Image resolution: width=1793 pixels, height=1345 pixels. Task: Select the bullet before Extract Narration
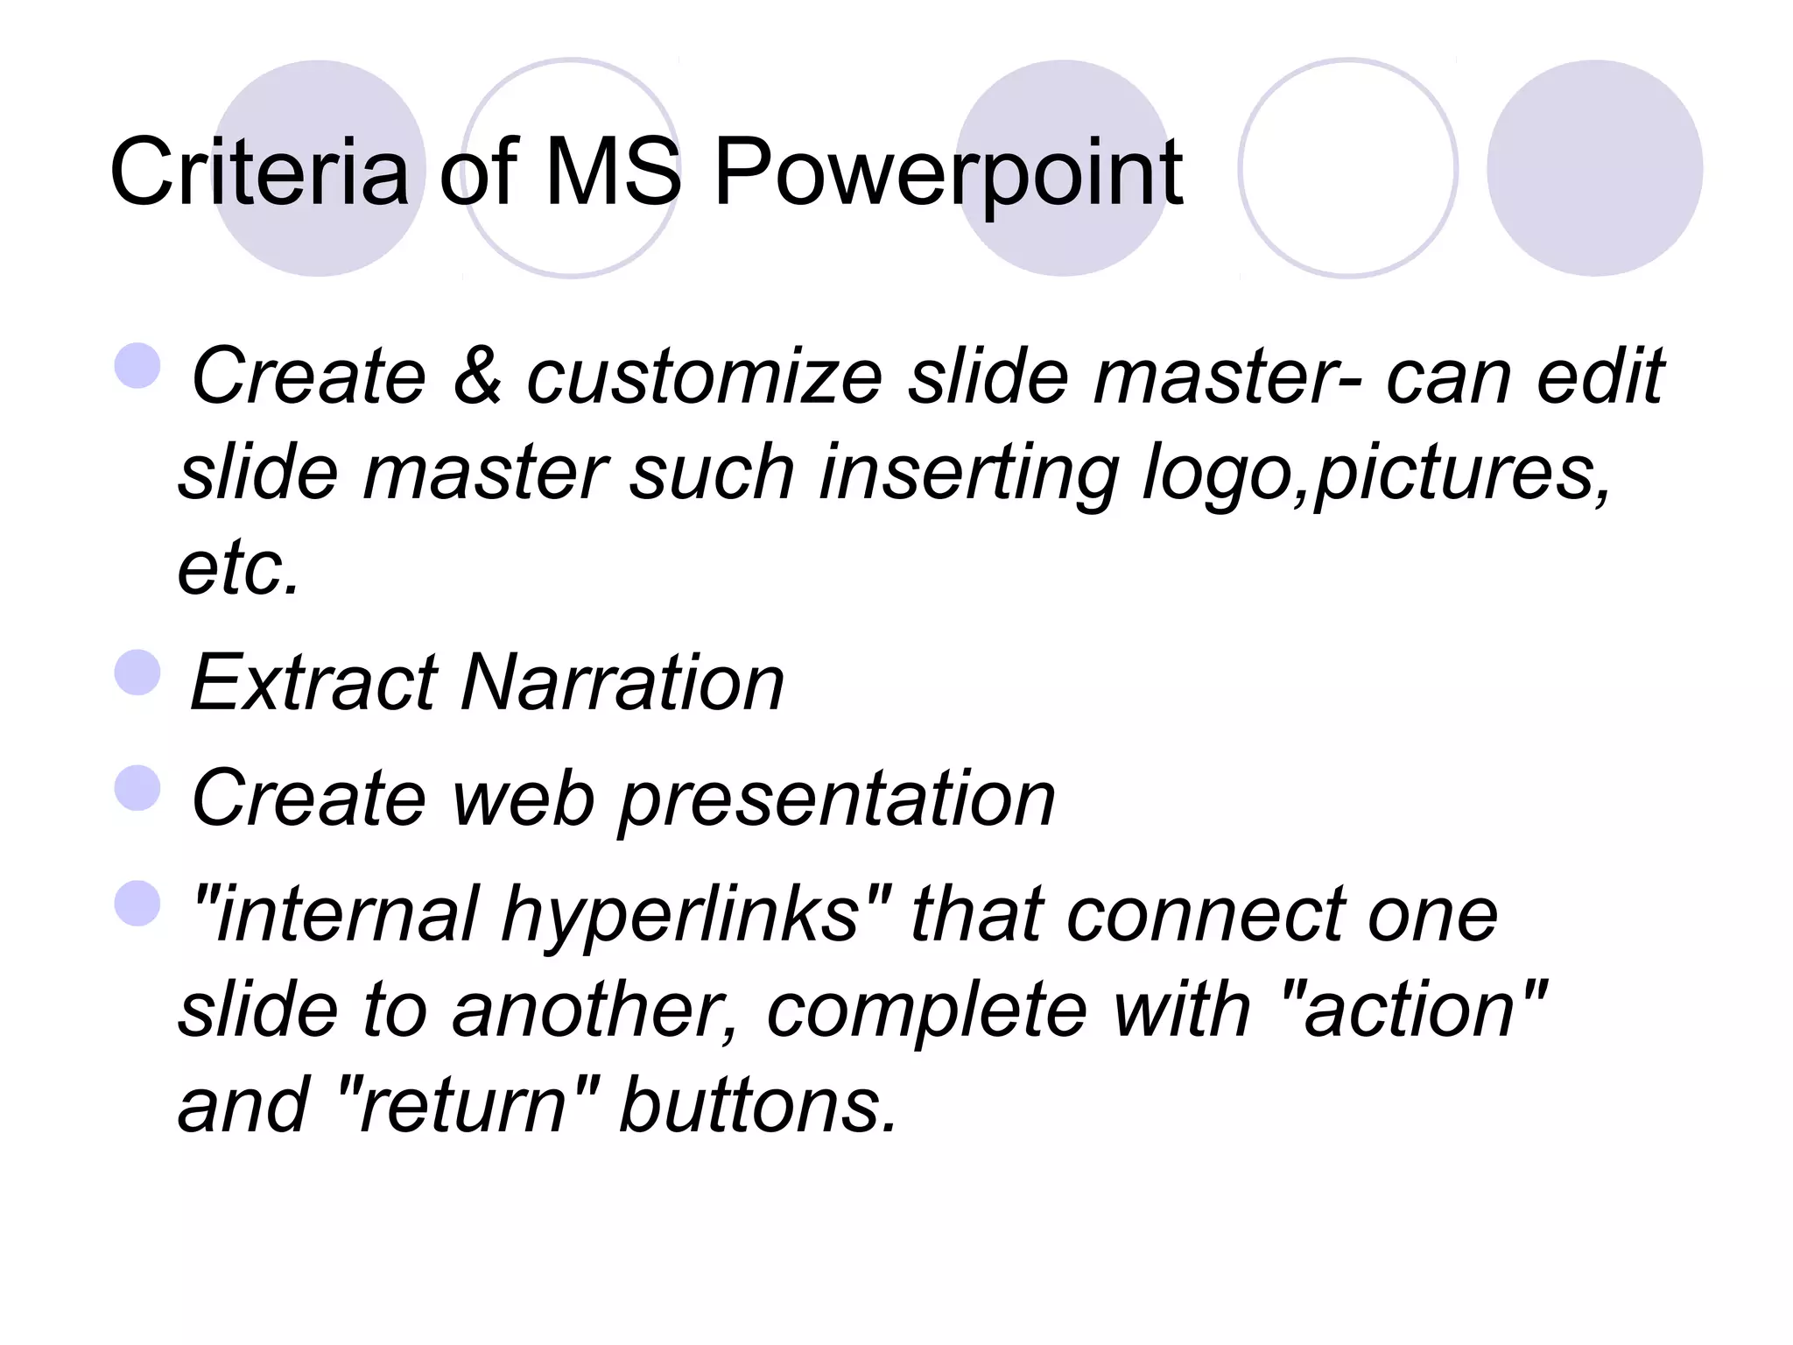(x=138, y=672)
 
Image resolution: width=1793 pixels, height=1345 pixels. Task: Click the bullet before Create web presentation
(x=138, y=788)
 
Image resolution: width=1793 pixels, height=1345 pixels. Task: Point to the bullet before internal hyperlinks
(x=138, y=903)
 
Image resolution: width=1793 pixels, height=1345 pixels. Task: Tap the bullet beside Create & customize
(x=138, y=366)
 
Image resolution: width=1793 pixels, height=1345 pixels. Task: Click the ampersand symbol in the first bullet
(x=477, y=377)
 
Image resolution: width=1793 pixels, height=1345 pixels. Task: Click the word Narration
(x=622, y=683)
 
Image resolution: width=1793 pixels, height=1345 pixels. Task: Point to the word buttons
(x=756, y=1104)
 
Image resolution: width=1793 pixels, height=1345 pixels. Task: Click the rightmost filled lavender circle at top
(x=1594, y=168)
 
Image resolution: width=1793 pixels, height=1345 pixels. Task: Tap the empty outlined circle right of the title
(x=1347, y=168)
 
